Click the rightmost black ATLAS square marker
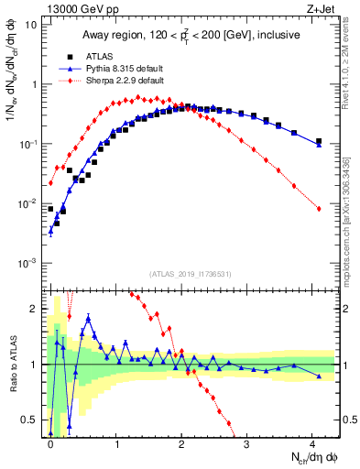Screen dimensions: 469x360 tap(319, 141)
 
